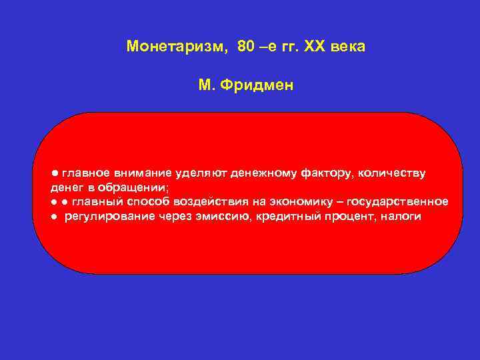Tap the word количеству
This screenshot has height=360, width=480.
[393, 174]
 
